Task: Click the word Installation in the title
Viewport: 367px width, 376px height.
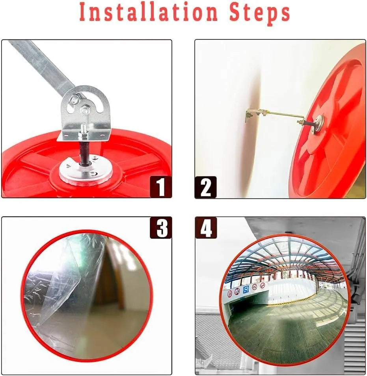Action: (149, 12)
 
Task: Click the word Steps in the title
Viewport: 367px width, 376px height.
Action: (260, 13)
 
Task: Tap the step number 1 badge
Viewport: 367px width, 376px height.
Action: (160, 187)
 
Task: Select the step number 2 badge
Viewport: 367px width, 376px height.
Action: (205, 187)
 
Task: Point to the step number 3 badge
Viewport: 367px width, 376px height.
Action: (161, 227)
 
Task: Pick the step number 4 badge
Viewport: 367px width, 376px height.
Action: (206, 228)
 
